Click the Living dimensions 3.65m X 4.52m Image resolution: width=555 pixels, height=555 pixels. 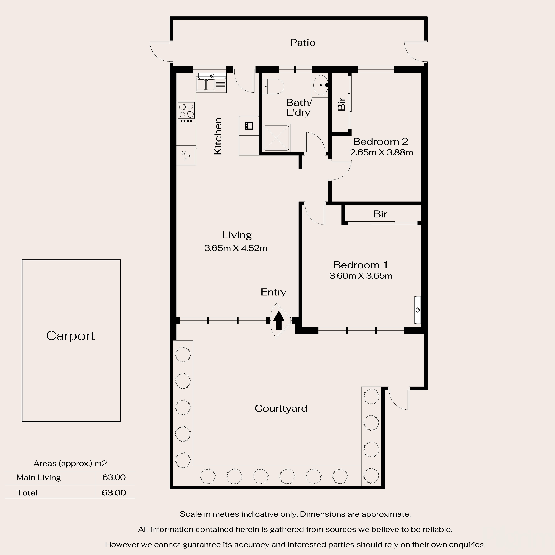[x=236, y=248]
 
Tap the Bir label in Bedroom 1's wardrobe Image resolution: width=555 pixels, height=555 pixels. [x=380, y=214]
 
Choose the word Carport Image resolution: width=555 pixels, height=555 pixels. [x=70, y=335]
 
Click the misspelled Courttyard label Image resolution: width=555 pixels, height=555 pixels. [x=281, y=408]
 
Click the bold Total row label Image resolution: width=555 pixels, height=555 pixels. [x=27, y=493]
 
